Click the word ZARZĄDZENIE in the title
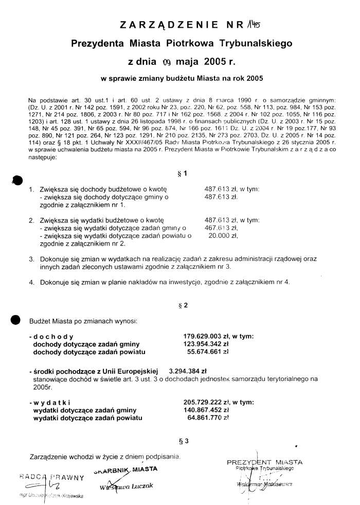coord(165,24)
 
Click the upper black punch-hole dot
coord(17,179)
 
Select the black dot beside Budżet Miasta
coord(16,319)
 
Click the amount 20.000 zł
coord(223,236)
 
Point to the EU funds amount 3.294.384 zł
coord(187,370)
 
